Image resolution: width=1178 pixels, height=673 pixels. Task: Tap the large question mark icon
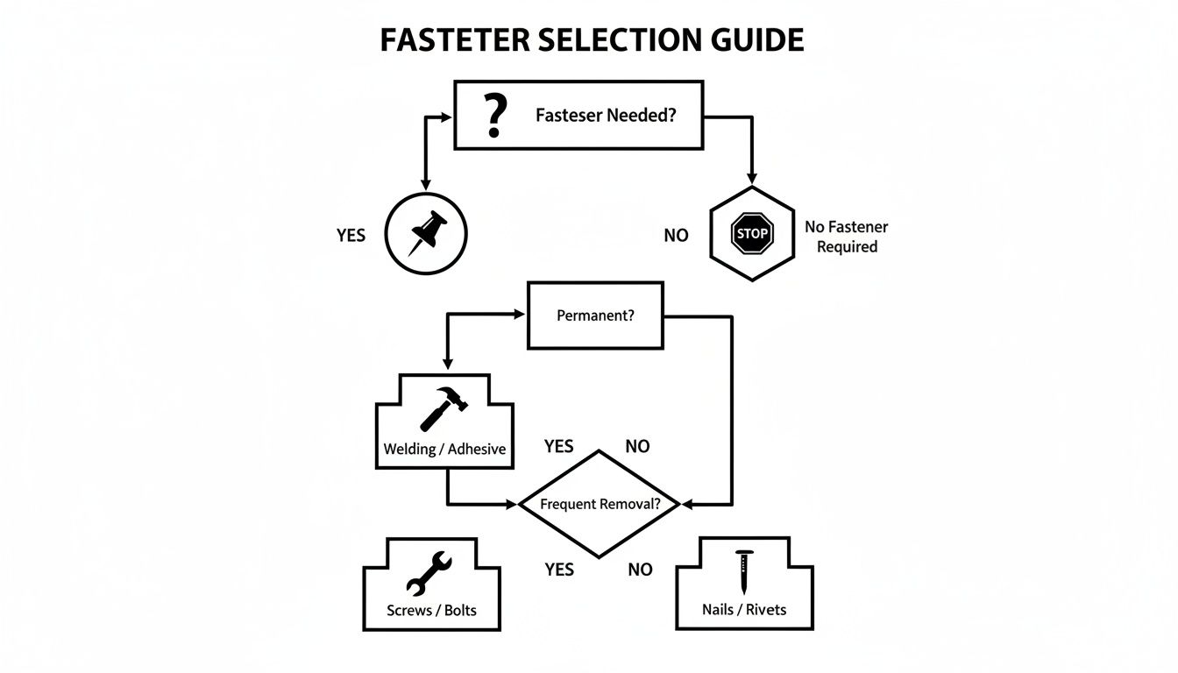tap(495, 116)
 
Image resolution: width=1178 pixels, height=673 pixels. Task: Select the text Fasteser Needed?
tap(606, 116)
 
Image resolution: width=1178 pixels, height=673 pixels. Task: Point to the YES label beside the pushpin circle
tap(351, 235)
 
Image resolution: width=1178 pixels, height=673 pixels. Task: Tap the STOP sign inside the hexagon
tap(752, 234)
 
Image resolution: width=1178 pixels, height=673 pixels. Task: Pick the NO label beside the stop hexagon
tap(676, 235)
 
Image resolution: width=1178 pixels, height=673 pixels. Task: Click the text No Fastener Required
tap(846, 237)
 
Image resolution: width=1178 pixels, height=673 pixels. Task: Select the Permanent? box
tap(595, 315)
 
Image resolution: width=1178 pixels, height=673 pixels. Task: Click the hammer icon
tap(444, 408)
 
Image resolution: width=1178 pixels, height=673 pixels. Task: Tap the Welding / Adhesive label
tap(444, 449)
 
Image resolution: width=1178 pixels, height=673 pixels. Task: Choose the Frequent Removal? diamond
tap(600, 504)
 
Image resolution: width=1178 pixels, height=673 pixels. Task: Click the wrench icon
tap(429, 573)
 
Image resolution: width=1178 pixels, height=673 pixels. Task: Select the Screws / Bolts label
tap(431, 610)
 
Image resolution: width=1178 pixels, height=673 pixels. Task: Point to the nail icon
tap(744, 571)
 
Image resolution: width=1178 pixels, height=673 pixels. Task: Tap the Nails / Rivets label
tap(744, 610)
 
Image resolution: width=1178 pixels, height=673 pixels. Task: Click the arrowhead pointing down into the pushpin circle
tap(426, 184)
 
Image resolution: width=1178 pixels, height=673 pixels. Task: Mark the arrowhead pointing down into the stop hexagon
tap(751, 178)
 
